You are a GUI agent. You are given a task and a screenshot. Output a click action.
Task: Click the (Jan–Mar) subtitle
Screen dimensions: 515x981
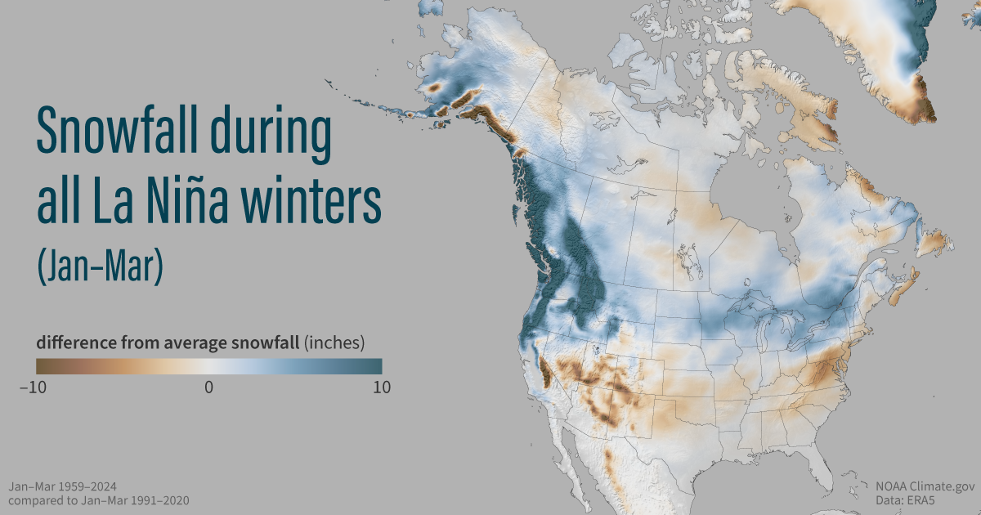[x=99, y=266]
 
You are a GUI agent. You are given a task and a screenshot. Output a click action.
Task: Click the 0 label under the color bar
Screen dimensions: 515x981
[x=208, y=387]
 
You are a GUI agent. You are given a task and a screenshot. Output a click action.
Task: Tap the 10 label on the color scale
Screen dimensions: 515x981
[x=381, y=387]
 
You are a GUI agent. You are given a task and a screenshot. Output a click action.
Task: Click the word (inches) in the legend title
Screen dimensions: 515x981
[x=334, y=342]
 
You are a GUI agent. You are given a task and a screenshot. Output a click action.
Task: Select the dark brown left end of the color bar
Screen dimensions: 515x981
[x=41, y=366]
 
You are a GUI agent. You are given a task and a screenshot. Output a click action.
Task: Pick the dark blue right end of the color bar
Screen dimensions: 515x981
[x=377, y=366]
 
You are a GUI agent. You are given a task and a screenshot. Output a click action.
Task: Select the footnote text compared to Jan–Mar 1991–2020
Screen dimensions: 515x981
[x=99, y=499]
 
